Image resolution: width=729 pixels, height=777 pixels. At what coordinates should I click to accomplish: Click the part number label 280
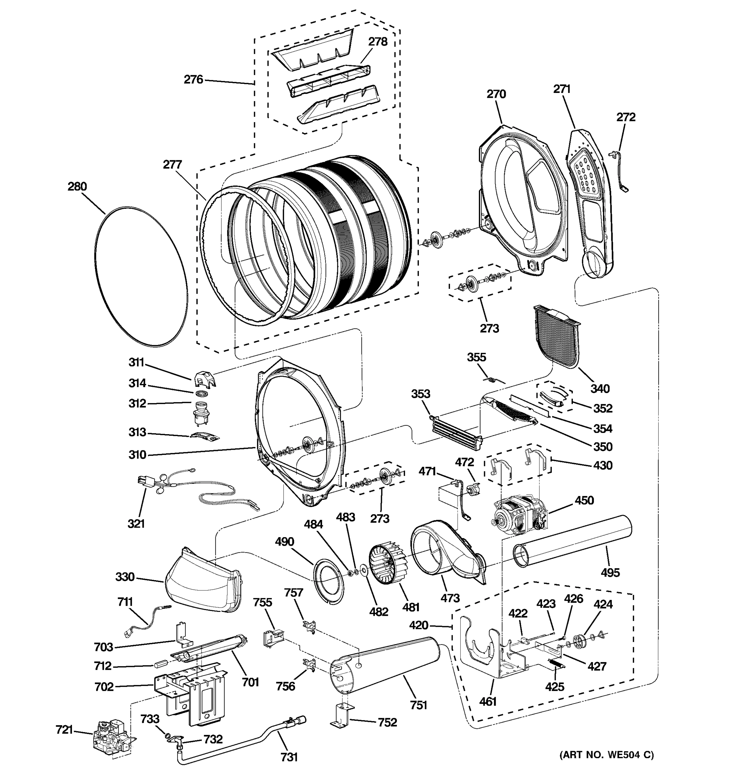[x=77, y=186]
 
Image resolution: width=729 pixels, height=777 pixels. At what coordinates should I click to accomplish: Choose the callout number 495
[x=610, y=573]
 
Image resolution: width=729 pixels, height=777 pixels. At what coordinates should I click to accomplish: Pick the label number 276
[x=194, y=80]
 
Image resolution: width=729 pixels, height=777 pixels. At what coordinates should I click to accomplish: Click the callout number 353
[x=421, y=394]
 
